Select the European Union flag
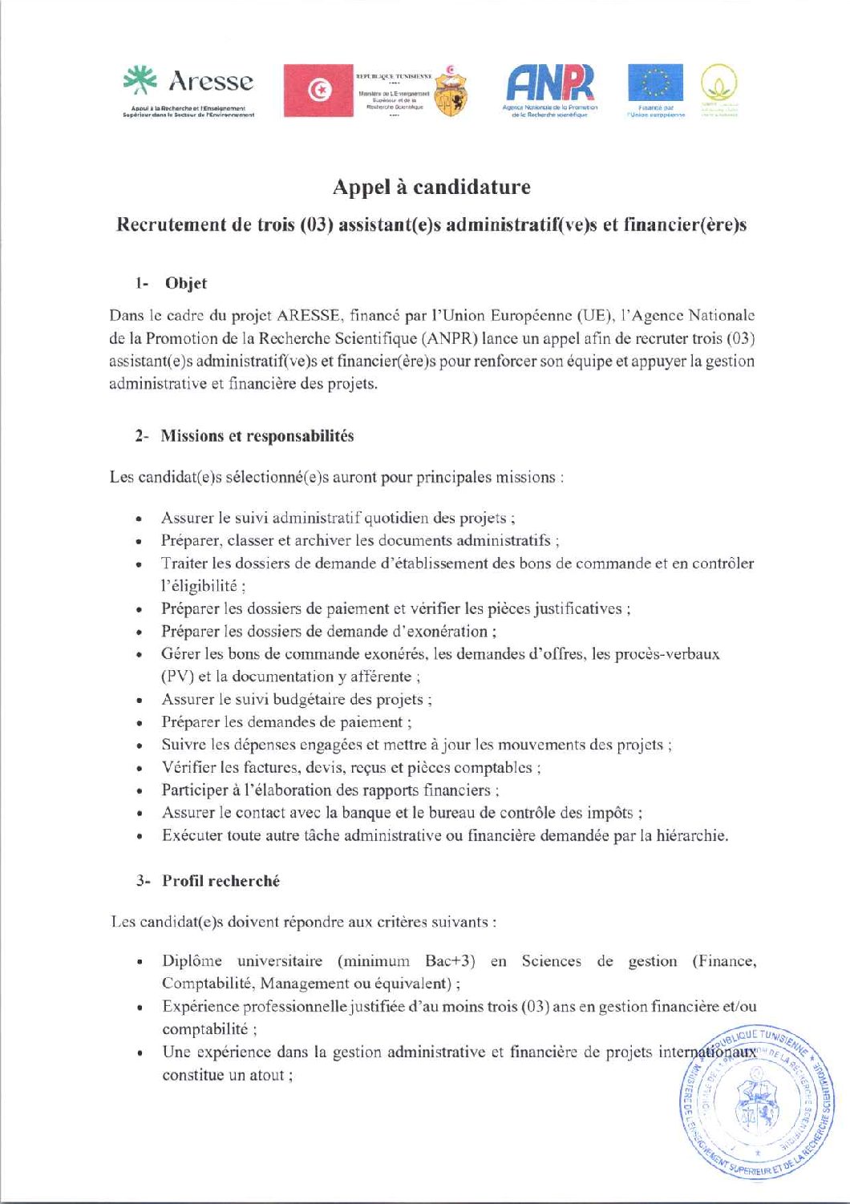tap(655, 83)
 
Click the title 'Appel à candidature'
tap(431, 188)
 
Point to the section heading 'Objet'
tap(186, 283)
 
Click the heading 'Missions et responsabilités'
tap(257, 436)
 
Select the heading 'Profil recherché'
tap(221, 881)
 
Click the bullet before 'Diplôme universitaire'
tap(140, 962)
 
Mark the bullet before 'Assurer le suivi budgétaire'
tap(140, 700)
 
